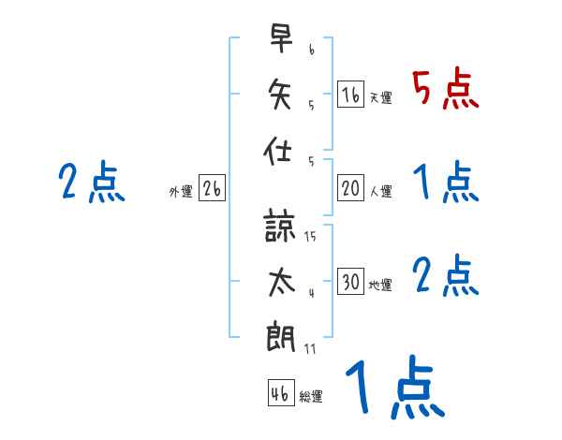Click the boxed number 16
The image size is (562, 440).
(x=349, y=94)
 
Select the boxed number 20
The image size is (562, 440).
(x=350, y=188)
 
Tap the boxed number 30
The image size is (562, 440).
(x=350, y=282)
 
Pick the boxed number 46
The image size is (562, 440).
(x=280, y=393)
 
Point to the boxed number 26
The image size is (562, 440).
(x=212, y=188)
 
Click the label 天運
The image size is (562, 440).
(x=379, y=97)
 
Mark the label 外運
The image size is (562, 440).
(x=181, y=192)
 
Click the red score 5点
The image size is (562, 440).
(x=445, y=88)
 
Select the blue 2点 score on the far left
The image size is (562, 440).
(x=91, y=182)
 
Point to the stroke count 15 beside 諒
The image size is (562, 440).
(x=310, y=236)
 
